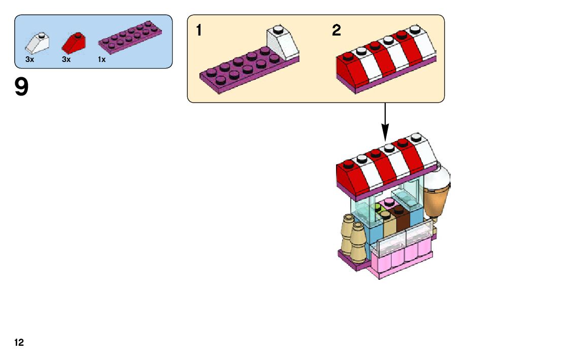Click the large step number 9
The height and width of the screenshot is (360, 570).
22,87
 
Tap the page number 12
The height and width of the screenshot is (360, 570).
19,343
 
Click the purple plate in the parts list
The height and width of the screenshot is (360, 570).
131,38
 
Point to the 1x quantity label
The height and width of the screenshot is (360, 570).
102,59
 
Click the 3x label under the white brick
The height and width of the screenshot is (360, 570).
29,59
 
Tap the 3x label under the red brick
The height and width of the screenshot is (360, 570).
66,59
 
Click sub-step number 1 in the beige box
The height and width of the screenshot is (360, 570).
199,30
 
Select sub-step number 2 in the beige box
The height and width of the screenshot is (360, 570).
337,30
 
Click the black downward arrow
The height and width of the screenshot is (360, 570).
385,122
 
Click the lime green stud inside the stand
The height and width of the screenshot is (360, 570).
378,208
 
